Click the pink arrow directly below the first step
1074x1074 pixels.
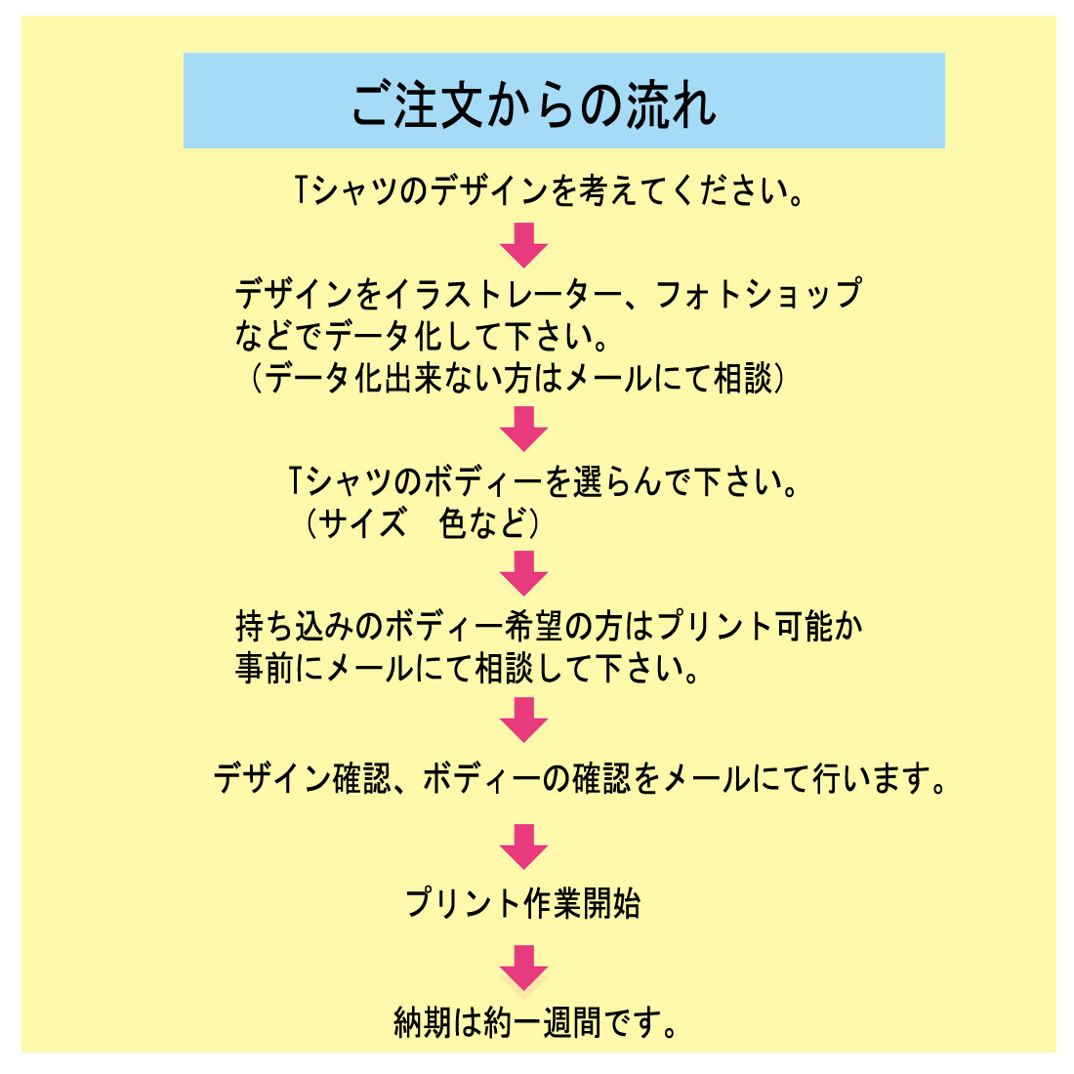[x=524, y=244]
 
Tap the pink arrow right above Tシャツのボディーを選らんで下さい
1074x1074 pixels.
[x=524, y=429]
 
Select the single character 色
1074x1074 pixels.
[x=453, y=523]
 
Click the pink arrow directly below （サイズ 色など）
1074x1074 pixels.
[x=524, y=573]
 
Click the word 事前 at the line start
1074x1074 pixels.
[x=265, y=669]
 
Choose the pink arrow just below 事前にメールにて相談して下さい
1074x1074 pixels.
[x=524, y=720]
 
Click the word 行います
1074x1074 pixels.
[x=871, y=779]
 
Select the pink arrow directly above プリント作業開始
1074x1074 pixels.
[x=524, y=847]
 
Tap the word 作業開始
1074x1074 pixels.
[x=582, y=903]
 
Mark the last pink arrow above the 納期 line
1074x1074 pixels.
[x=524, y=968]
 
